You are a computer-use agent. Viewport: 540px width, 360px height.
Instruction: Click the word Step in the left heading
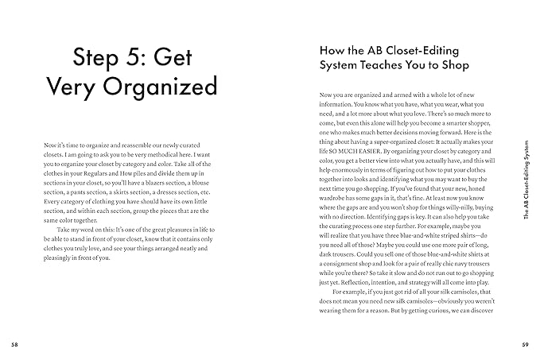pyautogui.click(x=99, y=57)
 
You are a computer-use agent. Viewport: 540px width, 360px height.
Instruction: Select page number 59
pyautogui.click(x=525, y=344)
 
